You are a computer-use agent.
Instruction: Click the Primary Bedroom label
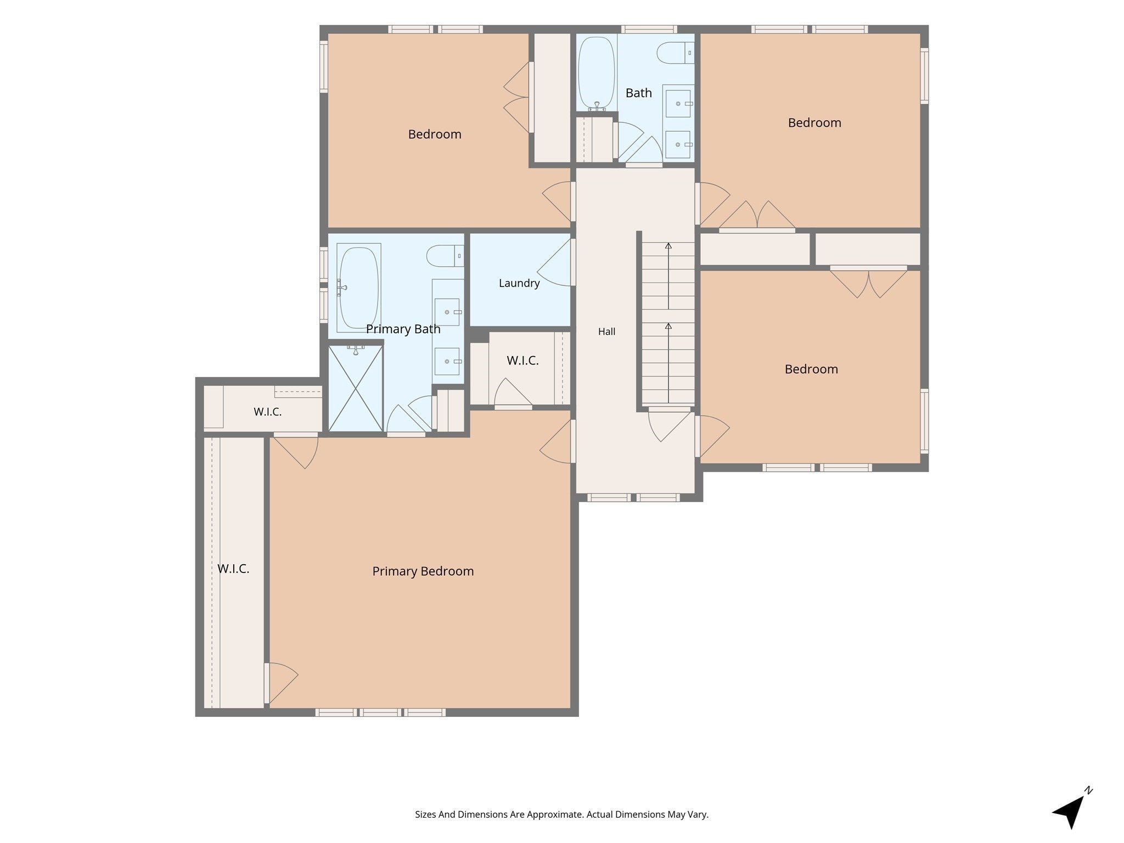pos(423,571)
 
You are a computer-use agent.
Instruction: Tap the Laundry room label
pos(519,283)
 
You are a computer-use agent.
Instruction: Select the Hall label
pos(606,331)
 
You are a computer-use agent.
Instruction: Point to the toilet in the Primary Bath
pos(445,256)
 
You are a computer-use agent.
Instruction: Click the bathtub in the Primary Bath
pos(359,288)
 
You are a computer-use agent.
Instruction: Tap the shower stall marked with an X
pos(356,387)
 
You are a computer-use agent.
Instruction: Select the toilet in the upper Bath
pos(676,53)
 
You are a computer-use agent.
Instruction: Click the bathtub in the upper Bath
pos(597,73)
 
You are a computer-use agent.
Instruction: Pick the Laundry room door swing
pos(554,262)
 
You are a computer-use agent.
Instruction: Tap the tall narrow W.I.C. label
pos(233,569)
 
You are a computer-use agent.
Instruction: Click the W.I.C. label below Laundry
pos(522,361)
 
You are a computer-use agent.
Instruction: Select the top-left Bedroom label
pos(435,134)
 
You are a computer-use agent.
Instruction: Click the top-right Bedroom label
pos(814,123)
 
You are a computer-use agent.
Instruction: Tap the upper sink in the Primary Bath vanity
pos(447,312)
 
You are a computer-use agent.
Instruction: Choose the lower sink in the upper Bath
pos(678,144)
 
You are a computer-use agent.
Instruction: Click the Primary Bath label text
pos(403,329)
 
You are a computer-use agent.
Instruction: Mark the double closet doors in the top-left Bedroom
pos(517,97)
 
